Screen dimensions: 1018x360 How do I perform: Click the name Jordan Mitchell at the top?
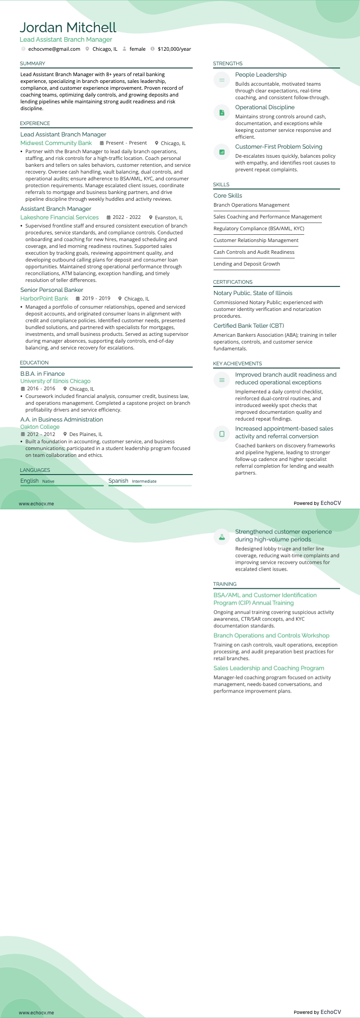pyautogui.click(x=68, y=28)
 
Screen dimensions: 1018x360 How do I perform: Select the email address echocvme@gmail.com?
pyautogui.click(x=54, y=49)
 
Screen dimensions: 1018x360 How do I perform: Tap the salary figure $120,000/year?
pyautogui.click(x=174, y=49)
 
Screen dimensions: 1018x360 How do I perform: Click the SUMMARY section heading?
pyautogui.click(x=33, y=63)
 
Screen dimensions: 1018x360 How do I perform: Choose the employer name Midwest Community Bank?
pyautogui.click(x=56, y=143)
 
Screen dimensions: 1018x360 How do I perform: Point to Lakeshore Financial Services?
pyautogui.click(x=59, y=218)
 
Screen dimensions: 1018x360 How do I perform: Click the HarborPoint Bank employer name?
pyautogui.click(x=44, y=299)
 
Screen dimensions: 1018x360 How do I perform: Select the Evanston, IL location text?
pyautogui.click(x=169, y=218)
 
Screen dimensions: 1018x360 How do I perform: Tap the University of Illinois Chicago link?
pyautogui.click(x=55, y=381)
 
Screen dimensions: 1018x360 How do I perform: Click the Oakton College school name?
pyautogui.click(x=40, y=427)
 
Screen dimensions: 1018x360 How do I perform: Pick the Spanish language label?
pyautogui.click(x=118, y=481)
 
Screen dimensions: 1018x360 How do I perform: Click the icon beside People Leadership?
pyautogui.click(x=222, y=80)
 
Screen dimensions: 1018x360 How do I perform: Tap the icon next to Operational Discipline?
pyautogui.click(x=222, y=112)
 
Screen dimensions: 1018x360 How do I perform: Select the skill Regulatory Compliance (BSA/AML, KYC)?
pyautogui.click(x=258, y=228)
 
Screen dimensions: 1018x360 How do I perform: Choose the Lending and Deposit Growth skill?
pyautogui.click(x=247, y=264)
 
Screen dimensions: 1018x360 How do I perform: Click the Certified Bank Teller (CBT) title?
pyautogui.click(x=248, y=326)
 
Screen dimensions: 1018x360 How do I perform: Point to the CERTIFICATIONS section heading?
pyautogui.click(x=233, y=282)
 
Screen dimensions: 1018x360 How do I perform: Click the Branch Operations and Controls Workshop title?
pyautogui.click(x=271, y=635)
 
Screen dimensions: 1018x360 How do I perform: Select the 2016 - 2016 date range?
pyautogui.click(x=41, y=389)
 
